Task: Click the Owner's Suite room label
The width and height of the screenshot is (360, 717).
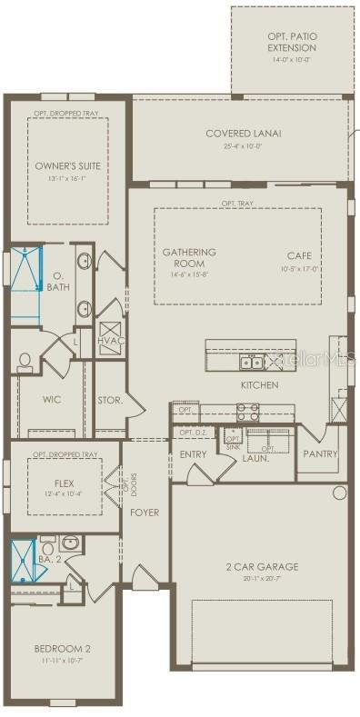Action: [x=68, y=166]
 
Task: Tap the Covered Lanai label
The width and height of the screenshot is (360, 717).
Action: [x=244, y=134]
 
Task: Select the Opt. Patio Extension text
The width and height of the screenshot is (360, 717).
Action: [x=292, y=41]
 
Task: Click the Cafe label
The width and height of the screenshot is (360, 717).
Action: [x=299, y=256]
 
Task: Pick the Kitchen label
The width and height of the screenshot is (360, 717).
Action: [x=260, y=385]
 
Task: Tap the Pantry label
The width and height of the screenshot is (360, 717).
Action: [x=320, y=453]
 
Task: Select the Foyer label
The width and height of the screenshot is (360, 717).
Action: [x=145, y=513]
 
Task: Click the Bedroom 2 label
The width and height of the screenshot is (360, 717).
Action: [x=61, y=649]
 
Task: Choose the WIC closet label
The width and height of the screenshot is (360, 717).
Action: [x=52, y=399]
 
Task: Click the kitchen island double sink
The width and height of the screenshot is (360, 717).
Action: [x=252, y=363]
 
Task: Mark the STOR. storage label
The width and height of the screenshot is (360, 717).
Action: [x=110, y=399]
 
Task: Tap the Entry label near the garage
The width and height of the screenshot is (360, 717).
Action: [x=193, y=453]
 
